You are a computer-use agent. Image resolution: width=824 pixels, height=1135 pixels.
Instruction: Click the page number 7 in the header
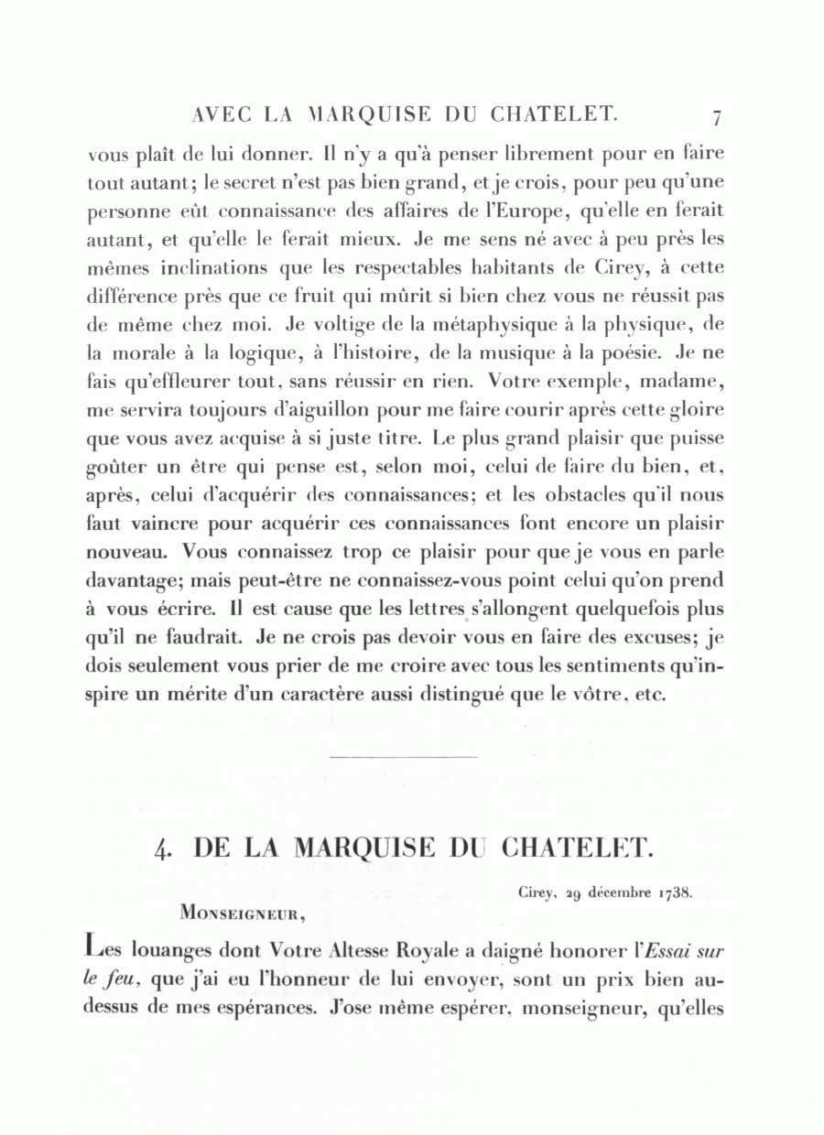717,117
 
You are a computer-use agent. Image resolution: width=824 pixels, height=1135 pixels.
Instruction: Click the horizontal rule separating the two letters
402,757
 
